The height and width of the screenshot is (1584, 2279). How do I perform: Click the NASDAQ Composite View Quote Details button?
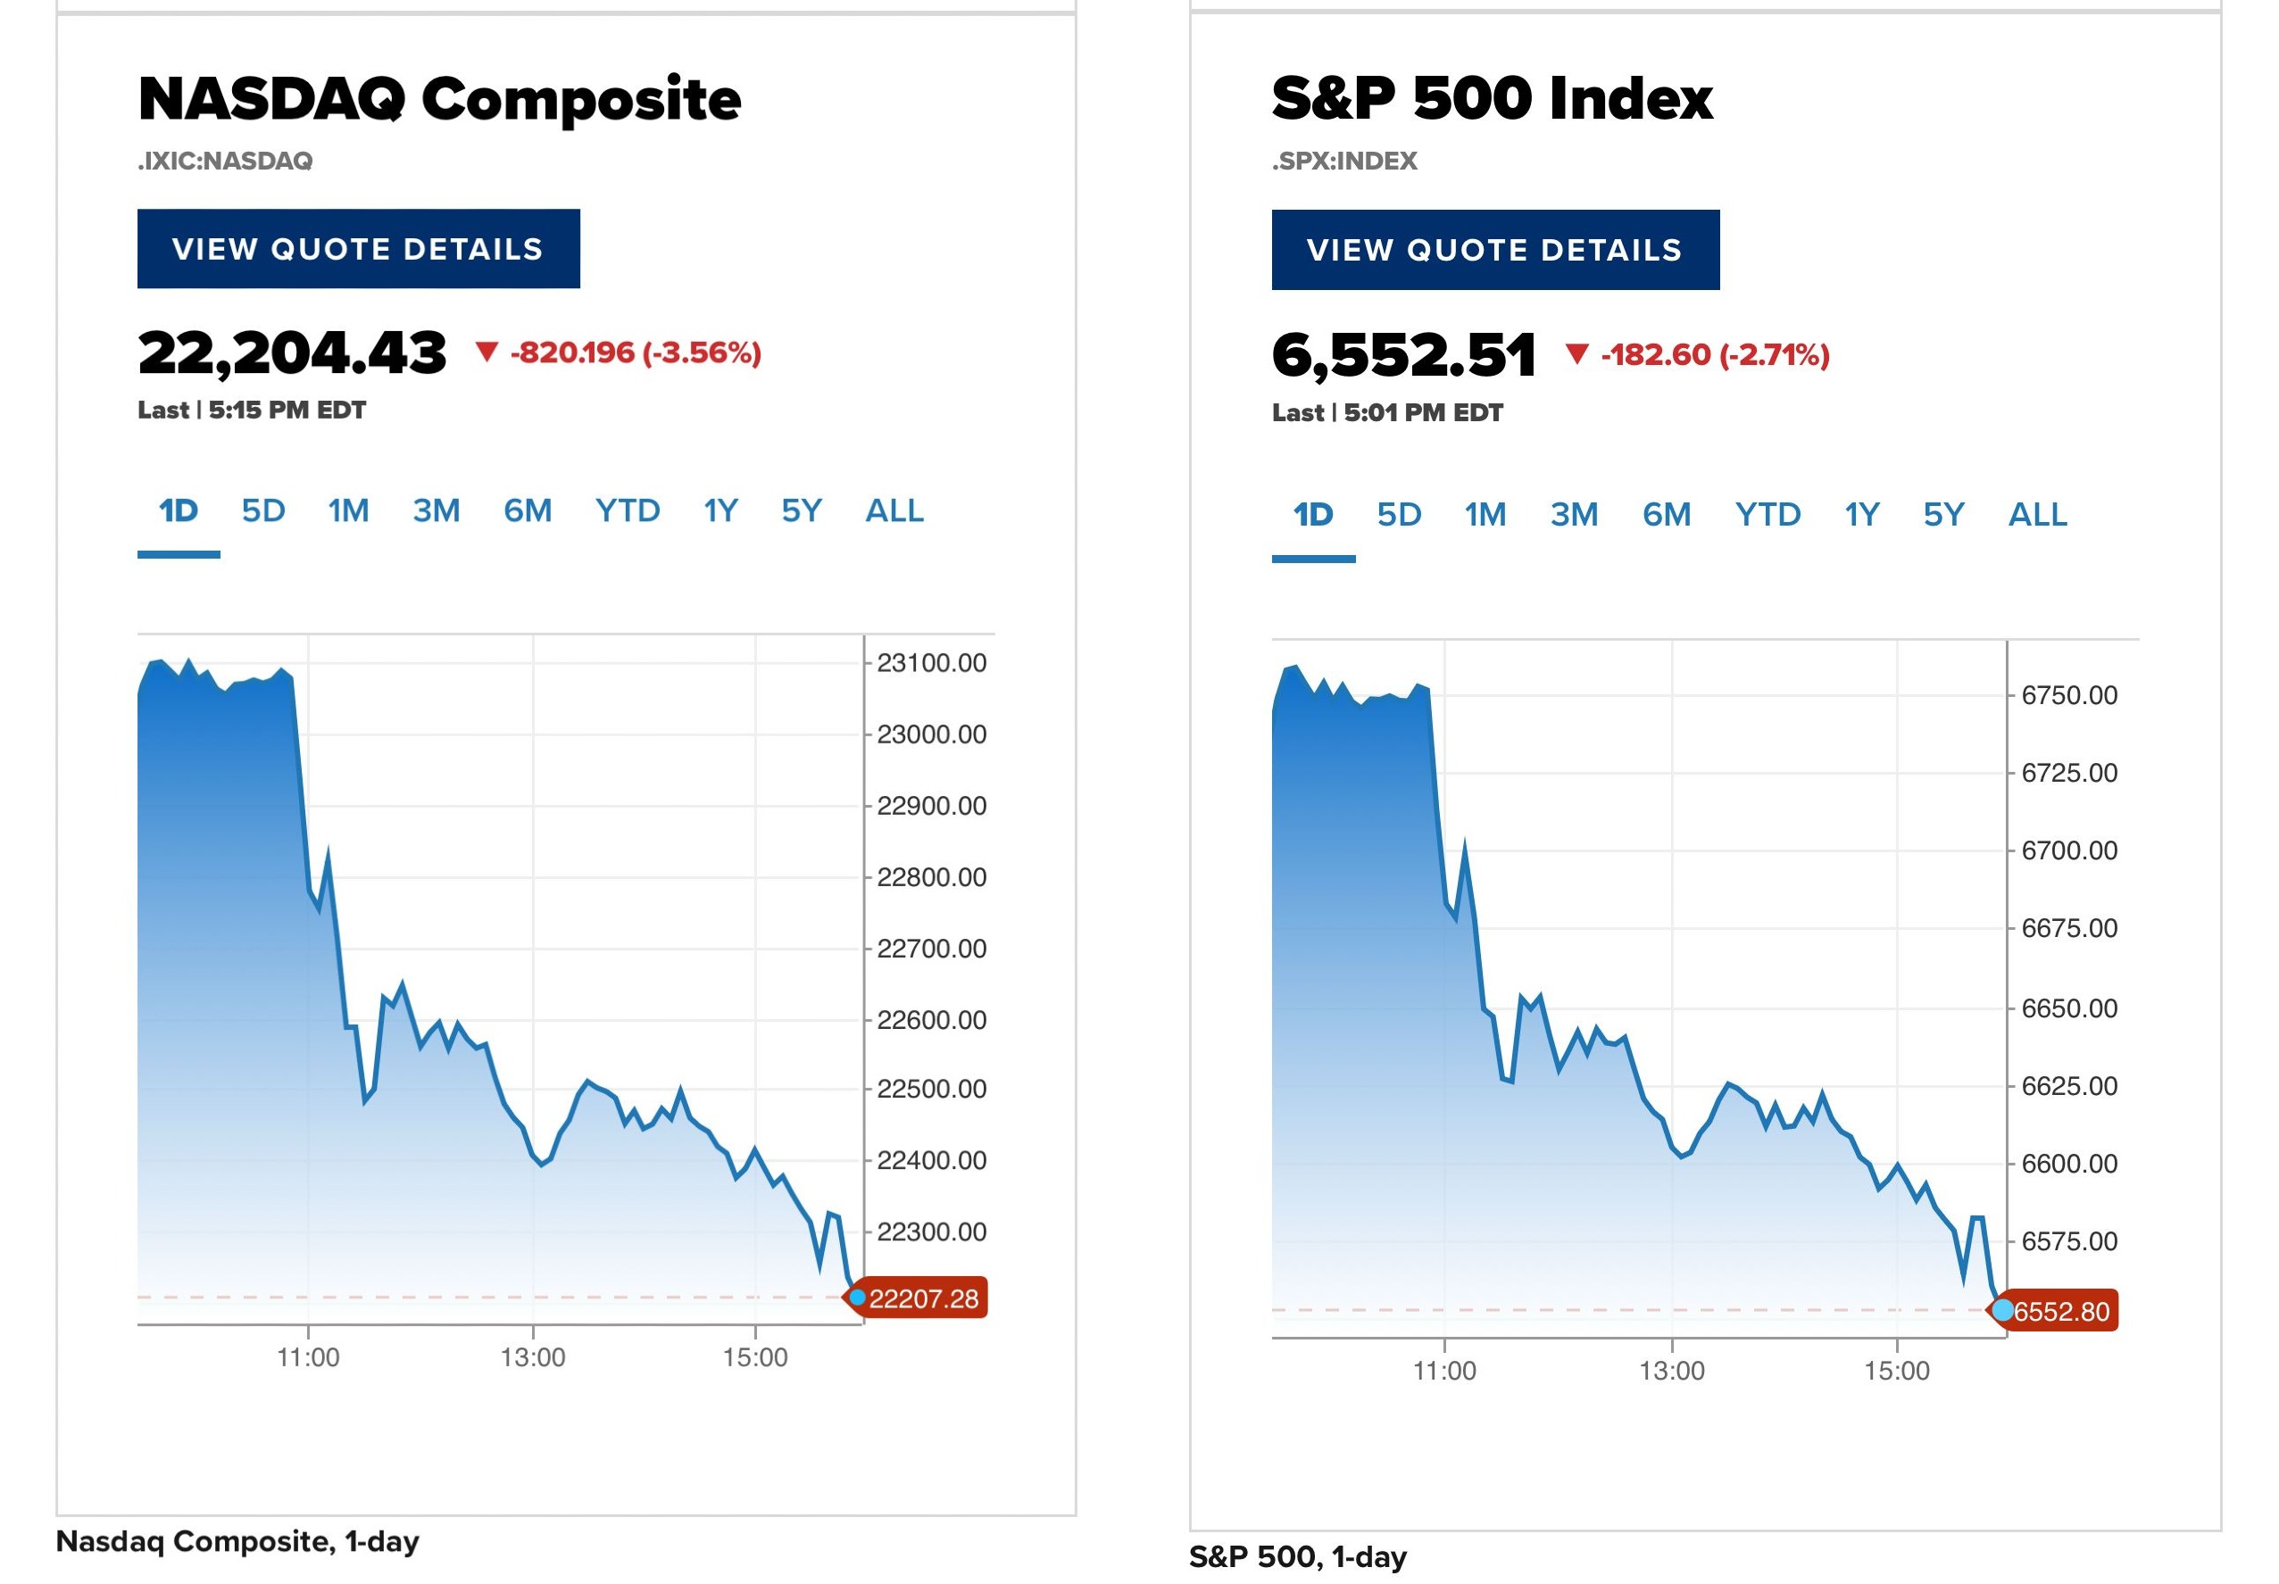pyautogui.click(x=358, y=248)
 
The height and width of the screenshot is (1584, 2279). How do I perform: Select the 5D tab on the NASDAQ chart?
pyautogui.click(x=263, y=511)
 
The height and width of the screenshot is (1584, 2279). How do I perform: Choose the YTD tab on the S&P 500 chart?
pyautogui.click(x=1767, y=514)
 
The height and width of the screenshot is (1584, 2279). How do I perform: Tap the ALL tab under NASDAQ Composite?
pyautogui.click(x=894, y=511)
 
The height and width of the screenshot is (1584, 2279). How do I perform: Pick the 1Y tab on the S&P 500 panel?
pyautogui.click(x=1861, y=514)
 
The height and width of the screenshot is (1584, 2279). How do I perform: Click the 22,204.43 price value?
pyautogui.click(x=292, y=353)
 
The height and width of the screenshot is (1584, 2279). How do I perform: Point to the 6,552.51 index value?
pyautogui.click(x=1403, y=355)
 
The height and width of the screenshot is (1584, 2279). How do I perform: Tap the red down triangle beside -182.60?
pyautogui.click(x=1576, y=353)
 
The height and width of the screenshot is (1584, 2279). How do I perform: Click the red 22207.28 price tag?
pyautogui.click(x=921, y=1298)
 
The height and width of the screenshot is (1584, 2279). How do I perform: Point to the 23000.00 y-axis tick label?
pyautogui.click(x=931, y=734)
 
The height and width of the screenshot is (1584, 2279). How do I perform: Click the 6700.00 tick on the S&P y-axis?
pyautogui.click(x=2068, y=850)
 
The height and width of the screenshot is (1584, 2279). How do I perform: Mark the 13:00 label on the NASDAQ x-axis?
pyautogui.click(x=533, y=1356)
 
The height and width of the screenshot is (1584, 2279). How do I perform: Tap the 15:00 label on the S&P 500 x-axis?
pyautogui.click(x=1897, y=1371)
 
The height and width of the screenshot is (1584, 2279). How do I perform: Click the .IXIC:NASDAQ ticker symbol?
pyautogui.click(x=225, y=161)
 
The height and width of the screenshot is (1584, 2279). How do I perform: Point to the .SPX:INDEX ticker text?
pyautogui.click(x=1345, y=161)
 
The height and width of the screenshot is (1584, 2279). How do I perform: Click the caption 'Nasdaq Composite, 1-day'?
pyautogui.click(x=238, y=1541)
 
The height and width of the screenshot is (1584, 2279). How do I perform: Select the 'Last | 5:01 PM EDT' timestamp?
pyautogui.click(x=1387, y=413)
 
